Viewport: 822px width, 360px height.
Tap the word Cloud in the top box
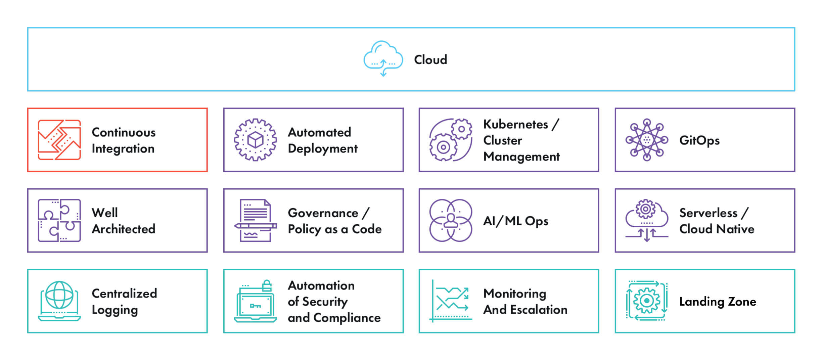coord(430,60)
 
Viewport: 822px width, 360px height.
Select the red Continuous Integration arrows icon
coord(59,140)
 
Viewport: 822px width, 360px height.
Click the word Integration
coord(123,148)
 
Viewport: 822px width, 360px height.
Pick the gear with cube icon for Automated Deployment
coord(255,140)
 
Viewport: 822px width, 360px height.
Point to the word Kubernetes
coord(515,124)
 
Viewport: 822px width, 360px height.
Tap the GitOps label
coord(699,140)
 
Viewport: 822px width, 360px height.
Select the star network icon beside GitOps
coord(647,140)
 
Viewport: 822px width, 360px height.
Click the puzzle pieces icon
coord(59,220)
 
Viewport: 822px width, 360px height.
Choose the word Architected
coord(123,229)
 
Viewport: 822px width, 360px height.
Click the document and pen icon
coord(255,220)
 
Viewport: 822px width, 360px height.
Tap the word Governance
coord(323,213)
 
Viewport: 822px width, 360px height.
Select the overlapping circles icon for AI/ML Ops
coord(451,220)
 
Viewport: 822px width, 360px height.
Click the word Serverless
coord(708,213)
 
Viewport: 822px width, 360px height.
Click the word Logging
coord(115,310)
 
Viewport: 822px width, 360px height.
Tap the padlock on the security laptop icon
coord(267,285)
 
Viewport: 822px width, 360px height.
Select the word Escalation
coord(539,310)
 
